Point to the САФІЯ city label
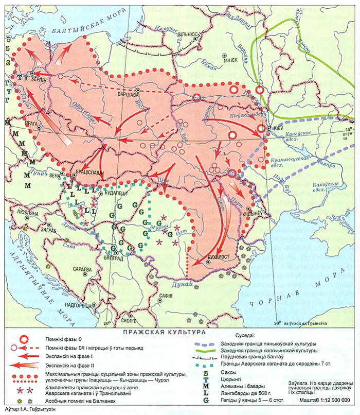166,296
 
